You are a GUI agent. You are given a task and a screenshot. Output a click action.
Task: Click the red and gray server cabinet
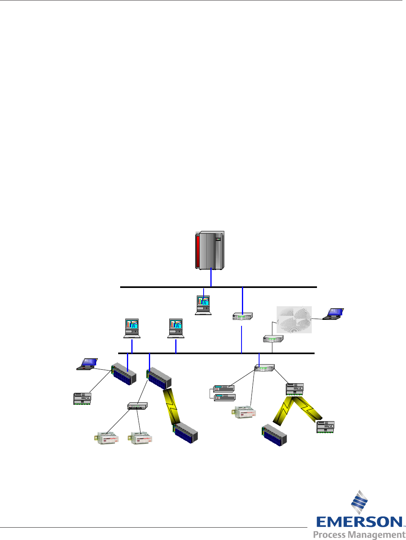(x=210, y=250)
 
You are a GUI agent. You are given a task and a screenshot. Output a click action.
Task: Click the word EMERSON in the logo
(x=359, y=522)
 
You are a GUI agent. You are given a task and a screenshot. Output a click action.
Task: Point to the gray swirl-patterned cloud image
(x=294, y=319)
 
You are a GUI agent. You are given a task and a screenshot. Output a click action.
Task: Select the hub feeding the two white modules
(x=137, y=406)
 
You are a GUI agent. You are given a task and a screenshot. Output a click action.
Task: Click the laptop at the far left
(x=87, y=364)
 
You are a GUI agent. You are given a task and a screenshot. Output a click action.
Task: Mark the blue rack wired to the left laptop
(x=124, y=374)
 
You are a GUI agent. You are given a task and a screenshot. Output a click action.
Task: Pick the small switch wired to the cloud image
(x=273, y=339)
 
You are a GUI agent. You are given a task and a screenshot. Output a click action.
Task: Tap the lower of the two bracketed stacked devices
(x=225, y=397)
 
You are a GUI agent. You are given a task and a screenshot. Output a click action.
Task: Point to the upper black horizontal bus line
(x=218, y=287)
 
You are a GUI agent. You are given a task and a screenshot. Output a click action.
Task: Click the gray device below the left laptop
(x=82, y=398)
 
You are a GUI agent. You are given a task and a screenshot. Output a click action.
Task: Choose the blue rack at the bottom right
(x=274, y=436)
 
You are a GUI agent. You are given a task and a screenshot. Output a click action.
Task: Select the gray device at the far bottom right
(x=325, y=427)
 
